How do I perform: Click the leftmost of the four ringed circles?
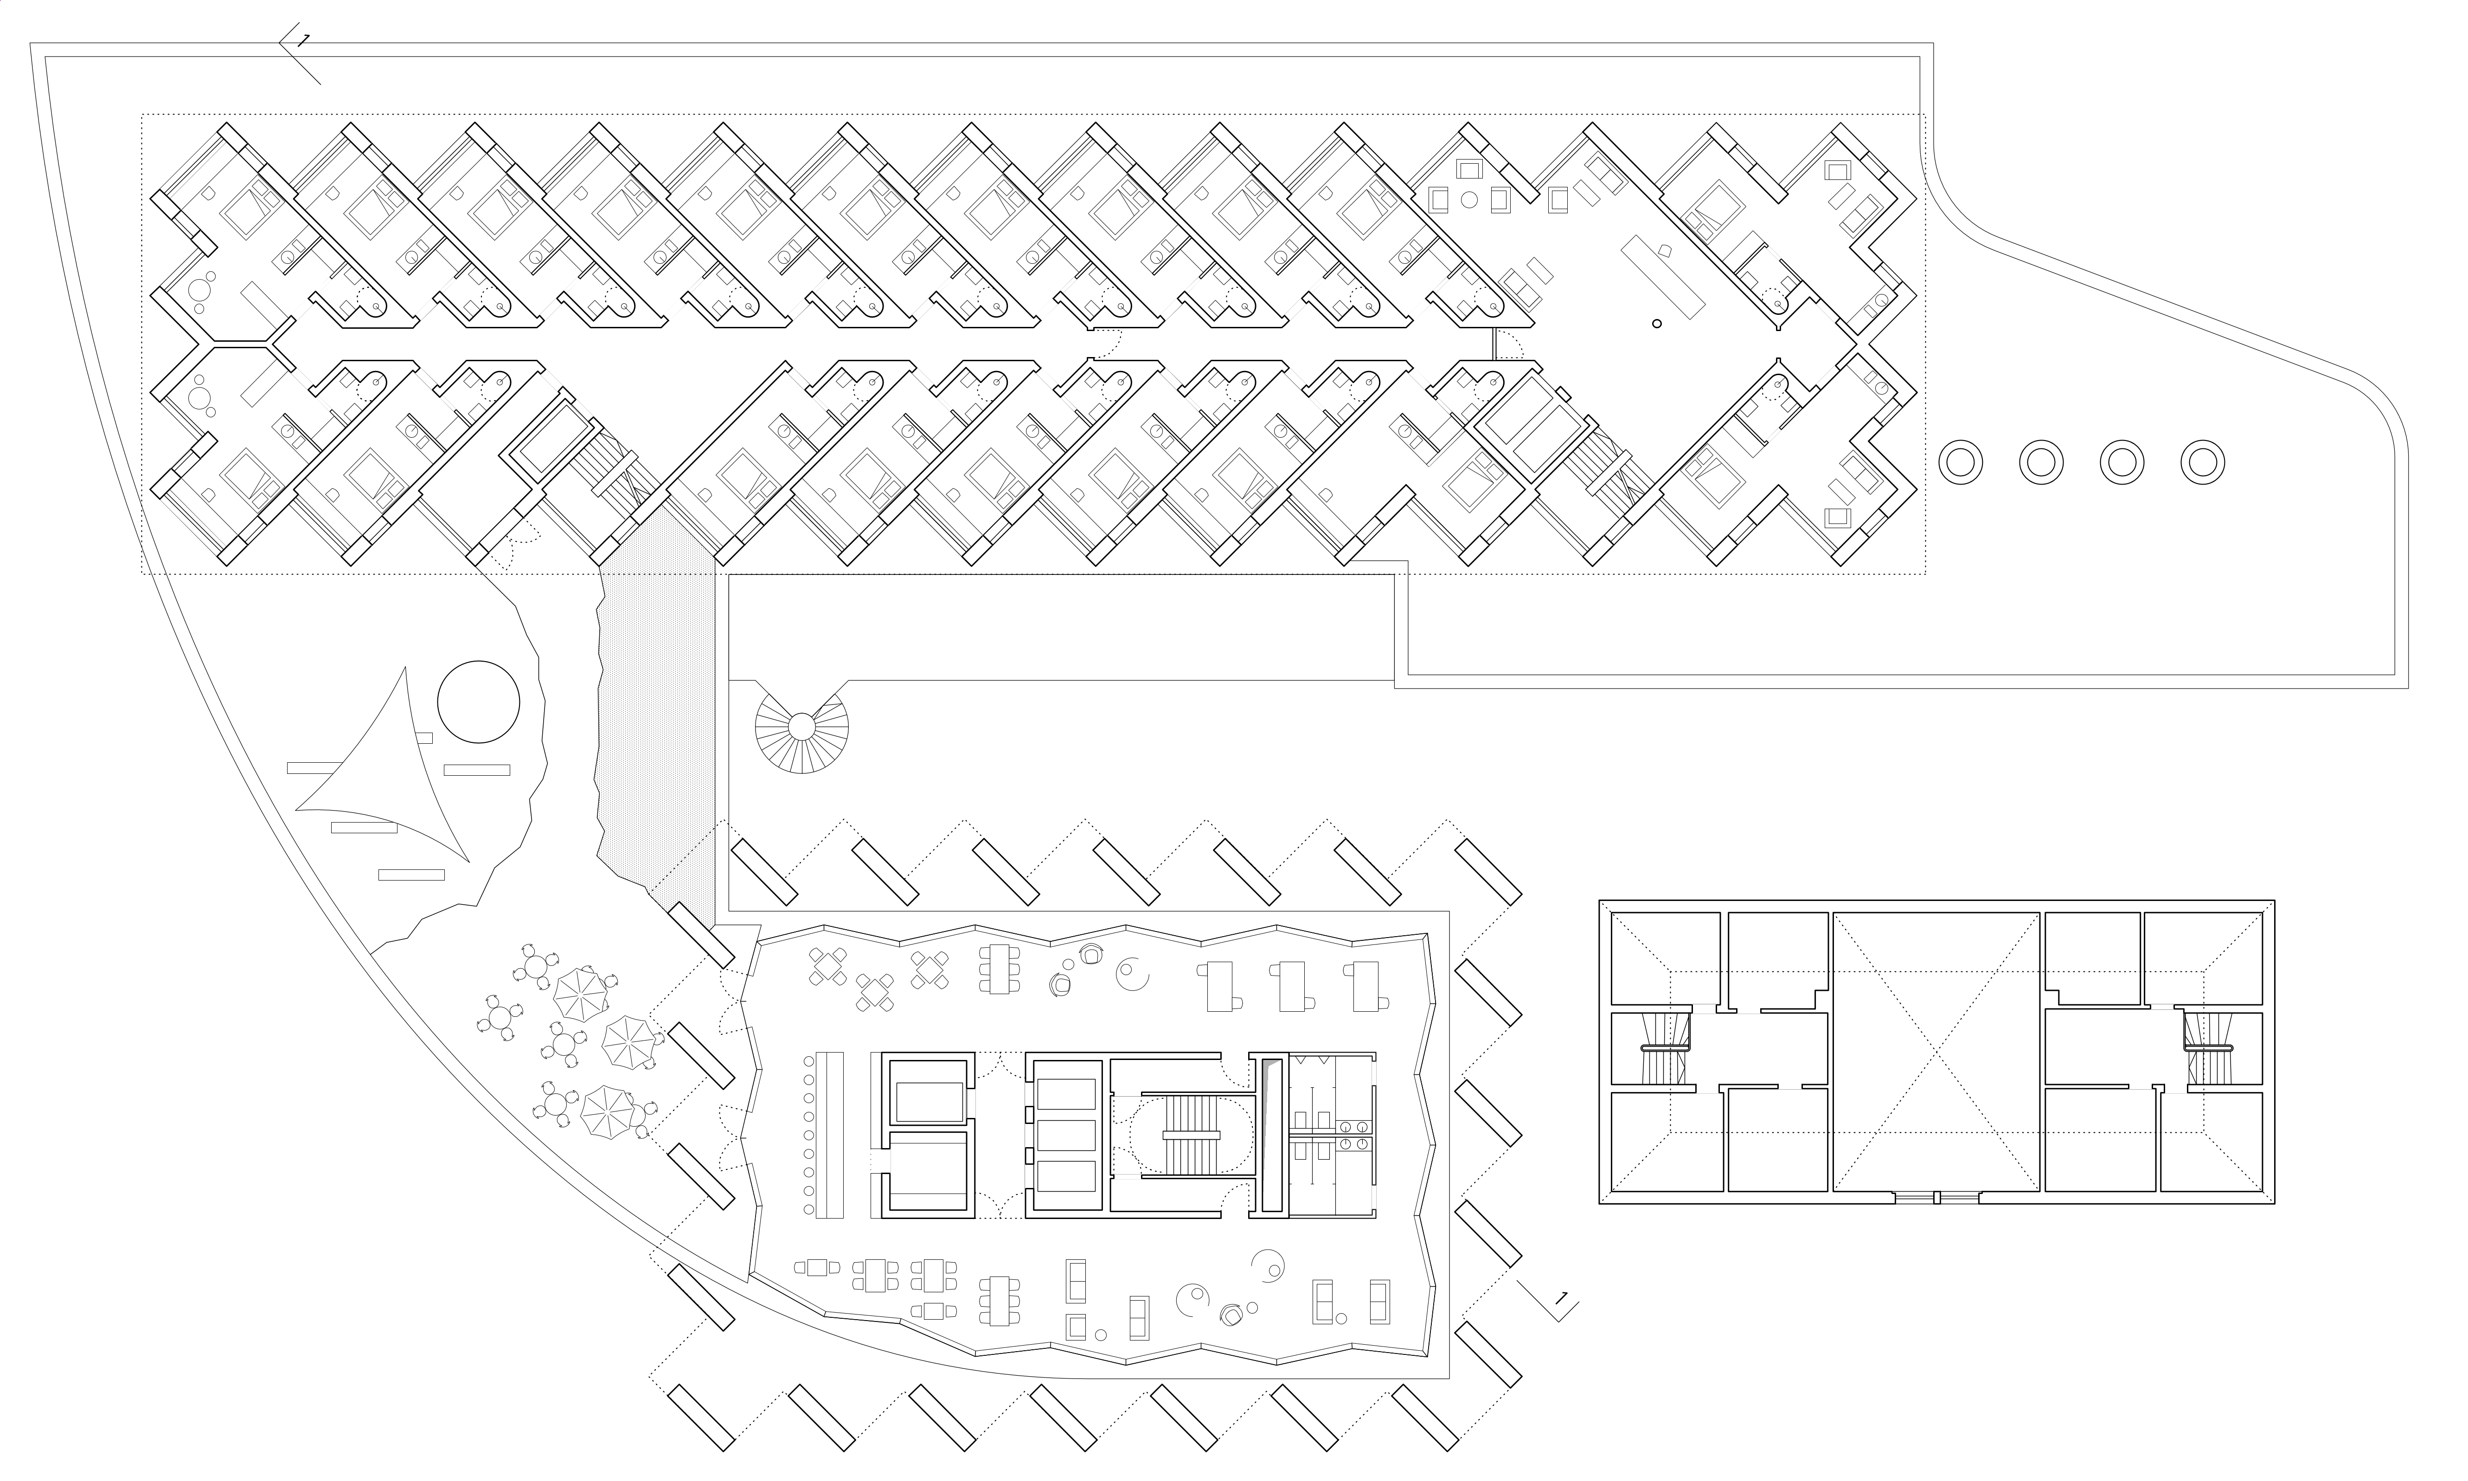(x=1960, y=462)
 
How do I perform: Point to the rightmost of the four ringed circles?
(x=2203, y=462)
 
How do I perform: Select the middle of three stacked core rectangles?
(x=1066, y=1135)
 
